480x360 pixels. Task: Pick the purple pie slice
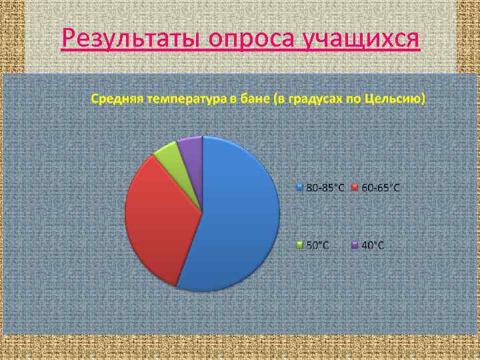[191, 150]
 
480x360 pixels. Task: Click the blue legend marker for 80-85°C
[300, 188]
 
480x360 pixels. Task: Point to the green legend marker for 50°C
[300, 245]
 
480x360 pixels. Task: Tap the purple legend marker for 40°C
[355, 245]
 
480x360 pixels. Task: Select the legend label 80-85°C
[325, 188]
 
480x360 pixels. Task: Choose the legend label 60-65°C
[381, 188]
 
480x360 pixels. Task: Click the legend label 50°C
[317, 245]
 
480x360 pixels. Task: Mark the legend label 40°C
[373, 245]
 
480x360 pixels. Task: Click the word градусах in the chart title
[311, 100]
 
